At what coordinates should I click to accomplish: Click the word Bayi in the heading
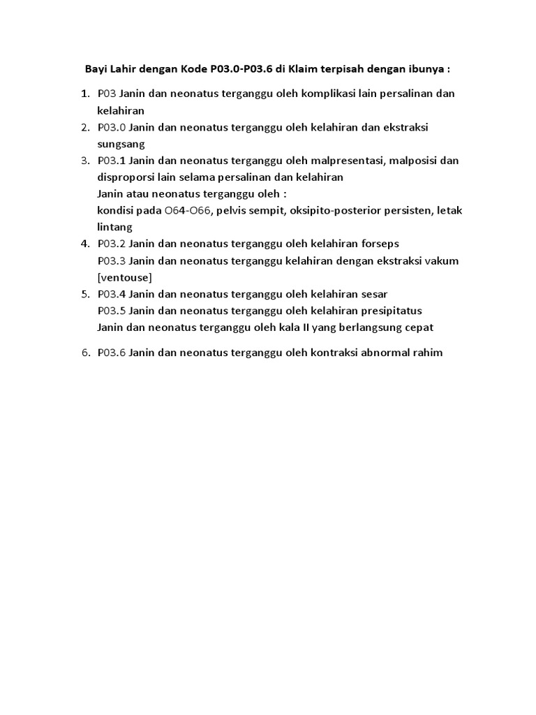[x=96, y=70]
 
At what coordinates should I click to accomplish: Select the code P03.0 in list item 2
[x=112, y=127]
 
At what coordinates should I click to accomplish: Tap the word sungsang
[x=121, y=144]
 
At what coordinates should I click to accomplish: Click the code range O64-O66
[x=188, y=210]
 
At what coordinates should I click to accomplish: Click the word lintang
[x=114, y=227]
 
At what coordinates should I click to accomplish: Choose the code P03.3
[x=112, y=260]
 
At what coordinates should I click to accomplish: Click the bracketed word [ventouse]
[x=125, y=277]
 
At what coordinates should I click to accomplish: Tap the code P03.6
[x=112, y=353]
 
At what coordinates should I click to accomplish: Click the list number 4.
[x=84, y=244]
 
